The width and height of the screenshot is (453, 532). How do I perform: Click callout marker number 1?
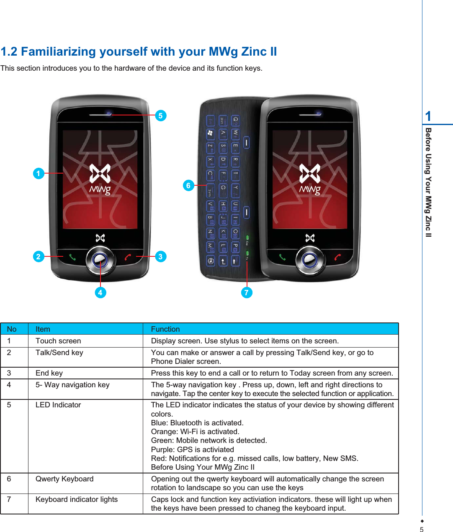[39, 173]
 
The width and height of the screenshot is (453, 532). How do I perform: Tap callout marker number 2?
[39, 256]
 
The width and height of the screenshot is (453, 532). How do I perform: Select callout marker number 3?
[160, 256]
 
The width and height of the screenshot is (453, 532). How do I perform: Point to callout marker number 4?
[100, 292]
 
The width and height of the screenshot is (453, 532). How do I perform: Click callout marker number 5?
[160, 115]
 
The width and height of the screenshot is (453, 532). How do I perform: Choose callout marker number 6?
[188, 185]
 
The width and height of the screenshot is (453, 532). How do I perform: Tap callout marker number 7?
[247, 292]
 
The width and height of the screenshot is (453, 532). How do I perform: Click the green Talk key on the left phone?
[72, 257]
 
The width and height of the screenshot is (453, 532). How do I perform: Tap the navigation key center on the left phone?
[100, 260]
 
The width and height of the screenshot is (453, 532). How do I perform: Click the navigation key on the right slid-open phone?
[310, 260]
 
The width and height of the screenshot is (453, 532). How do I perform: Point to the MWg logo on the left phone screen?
[100, 179]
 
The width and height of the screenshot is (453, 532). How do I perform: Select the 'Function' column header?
[165, 329]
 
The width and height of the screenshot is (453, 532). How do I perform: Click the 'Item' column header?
[43, 329]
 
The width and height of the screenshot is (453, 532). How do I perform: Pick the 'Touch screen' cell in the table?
[58, 341]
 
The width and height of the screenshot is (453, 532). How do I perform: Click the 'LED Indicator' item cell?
[58, 405]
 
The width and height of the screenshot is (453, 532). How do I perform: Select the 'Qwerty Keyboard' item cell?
[64, 479]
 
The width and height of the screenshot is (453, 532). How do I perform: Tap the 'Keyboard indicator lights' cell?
[77, 499]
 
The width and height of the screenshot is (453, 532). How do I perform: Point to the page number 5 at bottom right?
[422, 529]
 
